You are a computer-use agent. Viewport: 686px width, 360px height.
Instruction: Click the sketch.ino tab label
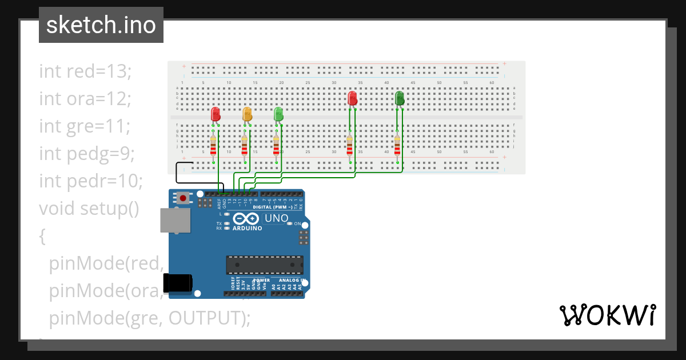pyautogui.click(x=101, y=25)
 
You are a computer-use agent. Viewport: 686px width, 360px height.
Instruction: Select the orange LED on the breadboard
pyautogui.click(x=247, y=114)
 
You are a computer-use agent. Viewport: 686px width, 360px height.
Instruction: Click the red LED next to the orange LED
pyautogui.click(x=216, y=114)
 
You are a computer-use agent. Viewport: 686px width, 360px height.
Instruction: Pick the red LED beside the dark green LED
pyautogui.click(x=353, y=98)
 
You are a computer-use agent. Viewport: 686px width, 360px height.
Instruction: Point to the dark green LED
pyautogui.click(x=400, y=98)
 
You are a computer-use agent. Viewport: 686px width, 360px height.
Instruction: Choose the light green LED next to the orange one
pyautogui.click(x=278, y=114)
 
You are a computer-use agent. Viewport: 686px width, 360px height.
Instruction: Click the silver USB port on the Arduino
pyautogui.click(x=176, y=220)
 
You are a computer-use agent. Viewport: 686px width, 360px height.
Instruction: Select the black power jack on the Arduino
pyautogui.click(x=177, y=283)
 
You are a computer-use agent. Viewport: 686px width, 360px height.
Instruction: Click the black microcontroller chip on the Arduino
pyautogui.click(x=265, y=265)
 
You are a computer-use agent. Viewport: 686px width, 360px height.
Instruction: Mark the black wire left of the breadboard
pyautogui.click(x=177, y=169)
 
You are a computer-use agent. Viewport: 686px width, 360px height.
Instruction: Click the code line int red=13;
pyautogui.click(x=86, y=71)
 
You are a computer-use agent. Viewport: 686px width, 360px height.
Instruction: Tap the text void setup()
pyautogui.click(x=89, y=209)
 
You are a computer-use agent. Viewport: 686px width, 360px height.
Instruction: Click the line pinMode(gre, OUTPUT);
pyautogui.click(x=150, y=318)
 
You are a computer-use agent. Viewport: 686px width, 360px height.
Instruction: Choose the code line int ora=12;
pyautogui.click(x=86, y=99)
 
